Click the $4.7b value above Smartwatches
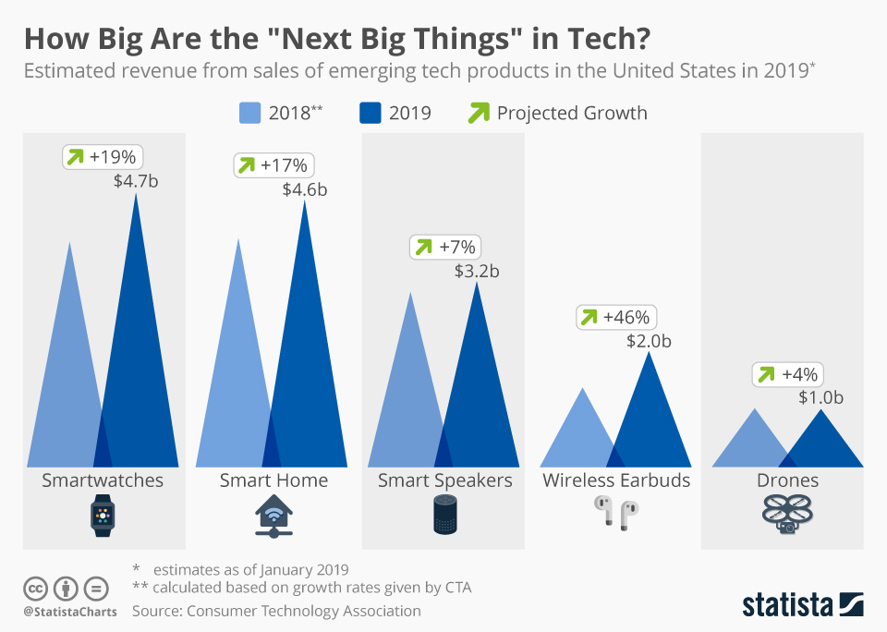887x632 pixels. click(136, 181)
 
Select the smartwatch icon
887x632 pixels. click(103, 515)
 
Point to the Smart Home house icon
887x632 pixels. click(273, 516)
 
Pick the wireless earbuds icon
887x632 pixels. click(616, 511)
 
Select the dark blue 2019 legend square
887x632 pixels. click(371, 113)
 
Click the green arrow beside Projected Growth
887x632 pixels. click(479, 113)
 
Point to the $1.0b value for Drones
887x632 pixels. click(821, 398)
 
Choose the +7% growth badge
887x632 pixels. click(445, 247)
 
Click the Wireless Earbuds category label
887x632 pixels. click(616, 480)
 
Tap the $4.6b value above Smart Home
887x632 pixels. click(305, 190)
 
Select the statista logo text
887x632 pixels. click(789, 605)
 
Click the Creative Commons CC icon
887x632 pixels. click(36, 588)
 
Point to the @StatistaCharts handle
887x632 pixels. click(70, 612)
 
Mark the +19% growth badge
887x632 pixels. click(105, 157)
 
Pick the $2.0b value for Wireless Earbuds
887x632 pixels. click(649, 341)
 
